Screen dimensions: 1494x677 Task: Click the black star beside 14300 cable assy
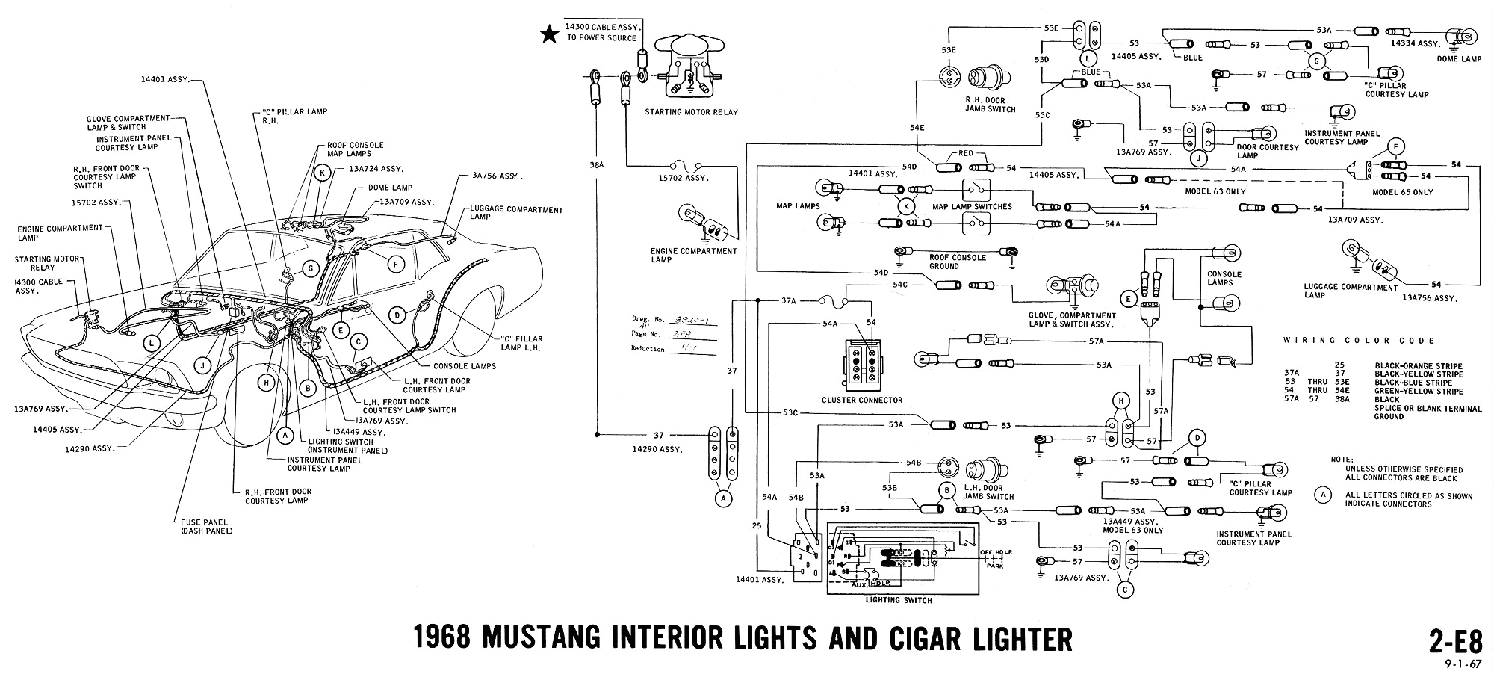click(x=550, y=34)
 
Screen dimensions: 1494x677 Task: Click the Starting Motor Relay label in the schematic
click(x=690, y=112)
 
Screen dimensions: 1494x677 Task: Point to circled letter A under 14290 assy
click(x=722, y=498)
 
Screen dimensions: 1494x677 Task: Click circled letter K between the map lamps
click(x=907, y=206)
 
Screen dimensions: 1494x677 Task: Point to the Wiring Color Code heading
click(x=1359, y=341)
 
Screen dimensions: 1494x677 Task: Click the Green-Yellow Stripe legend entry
click(x=1416, y=392)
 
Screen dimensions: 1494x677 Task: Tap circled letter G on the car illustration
click(x=311, y=269)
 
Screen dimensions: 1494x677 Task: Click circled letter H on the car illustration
click(x=264, y=383)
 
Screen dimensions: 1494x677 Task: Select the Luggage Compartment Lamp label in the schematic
click(x=1351, y=291)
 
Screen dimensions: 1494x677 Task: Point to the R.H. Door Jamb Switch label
click(x=991, y=105)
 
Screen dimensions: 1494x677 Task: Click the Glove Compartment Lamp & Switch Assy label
click(x=1072, y=320)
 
